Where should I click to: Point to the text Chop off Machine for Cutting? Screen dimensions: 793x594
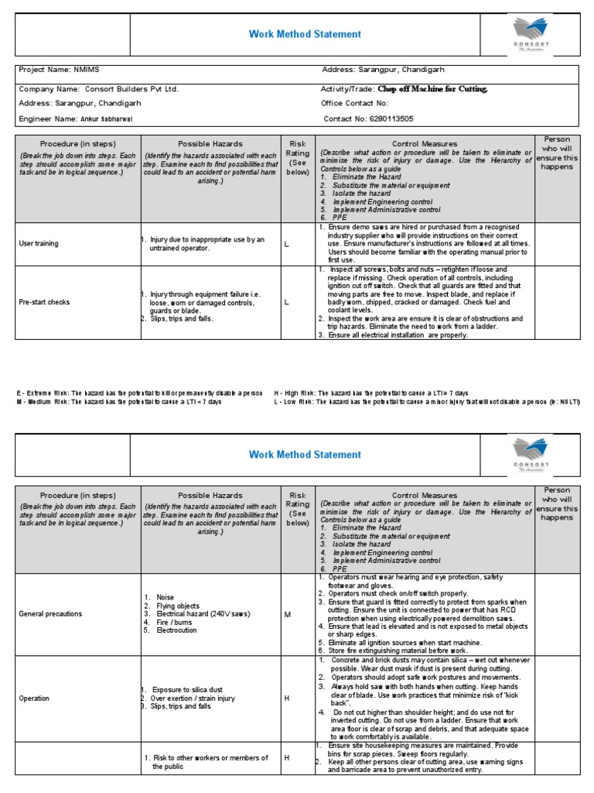click(433, 89)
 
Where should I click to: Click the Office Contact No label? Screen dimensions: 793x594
click(355, 103)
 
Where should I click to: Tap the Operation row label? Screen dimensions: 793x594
click(35, 699)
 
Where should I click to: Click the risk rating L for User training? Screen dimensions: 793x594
click(286, 244)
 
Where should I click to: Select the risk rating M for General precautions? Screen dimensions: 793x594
click(287, 614)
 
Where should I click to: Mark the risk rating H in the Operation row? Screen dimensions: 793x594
click(286, 699)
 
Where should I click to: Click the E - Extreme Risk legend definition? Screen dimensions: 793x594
click(140, 393)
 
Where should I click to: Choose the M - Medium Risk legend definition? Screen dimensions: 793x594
click(119, 403)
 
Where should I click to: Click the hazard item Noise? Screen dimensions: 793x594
click(165, 597)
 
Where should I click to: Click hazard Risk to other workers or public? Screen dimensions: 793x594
click(209, 762)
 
